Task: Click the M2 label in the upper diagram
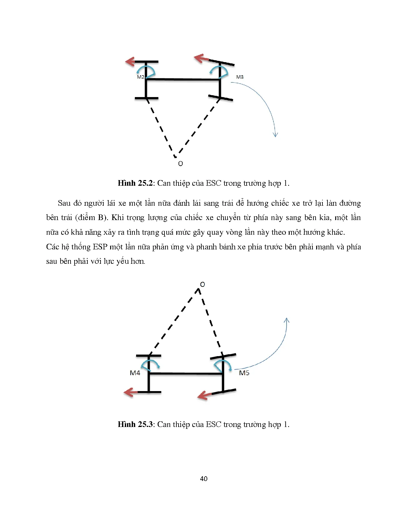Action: click(140, 77)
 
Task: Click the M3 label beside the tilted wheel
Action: click(240, 77)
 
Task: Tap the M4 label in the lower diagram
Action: click(135, 373)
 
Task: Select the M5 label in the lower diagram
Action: click(244, 373)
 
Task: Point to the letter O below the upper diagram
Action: click(180, 164)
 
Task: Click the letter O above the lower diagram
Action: click(203, 284)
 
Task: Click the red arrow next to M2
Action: click(130, 61)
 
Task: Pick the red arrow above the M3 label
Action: click(200, 58)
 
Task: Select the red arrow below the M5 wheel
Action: click(204, 396)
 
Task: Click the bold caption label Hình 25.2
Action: click(135, 183)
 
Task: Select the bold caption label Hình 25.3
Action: click(135, 424)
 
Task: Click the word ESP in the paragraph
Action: click(100, 247)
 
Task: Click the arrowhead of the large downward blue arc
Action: click(275, 134)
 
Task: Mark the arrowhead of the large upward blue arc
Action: click(287, 321)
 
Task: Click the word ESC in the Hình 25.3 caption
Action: click(213, 424)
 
